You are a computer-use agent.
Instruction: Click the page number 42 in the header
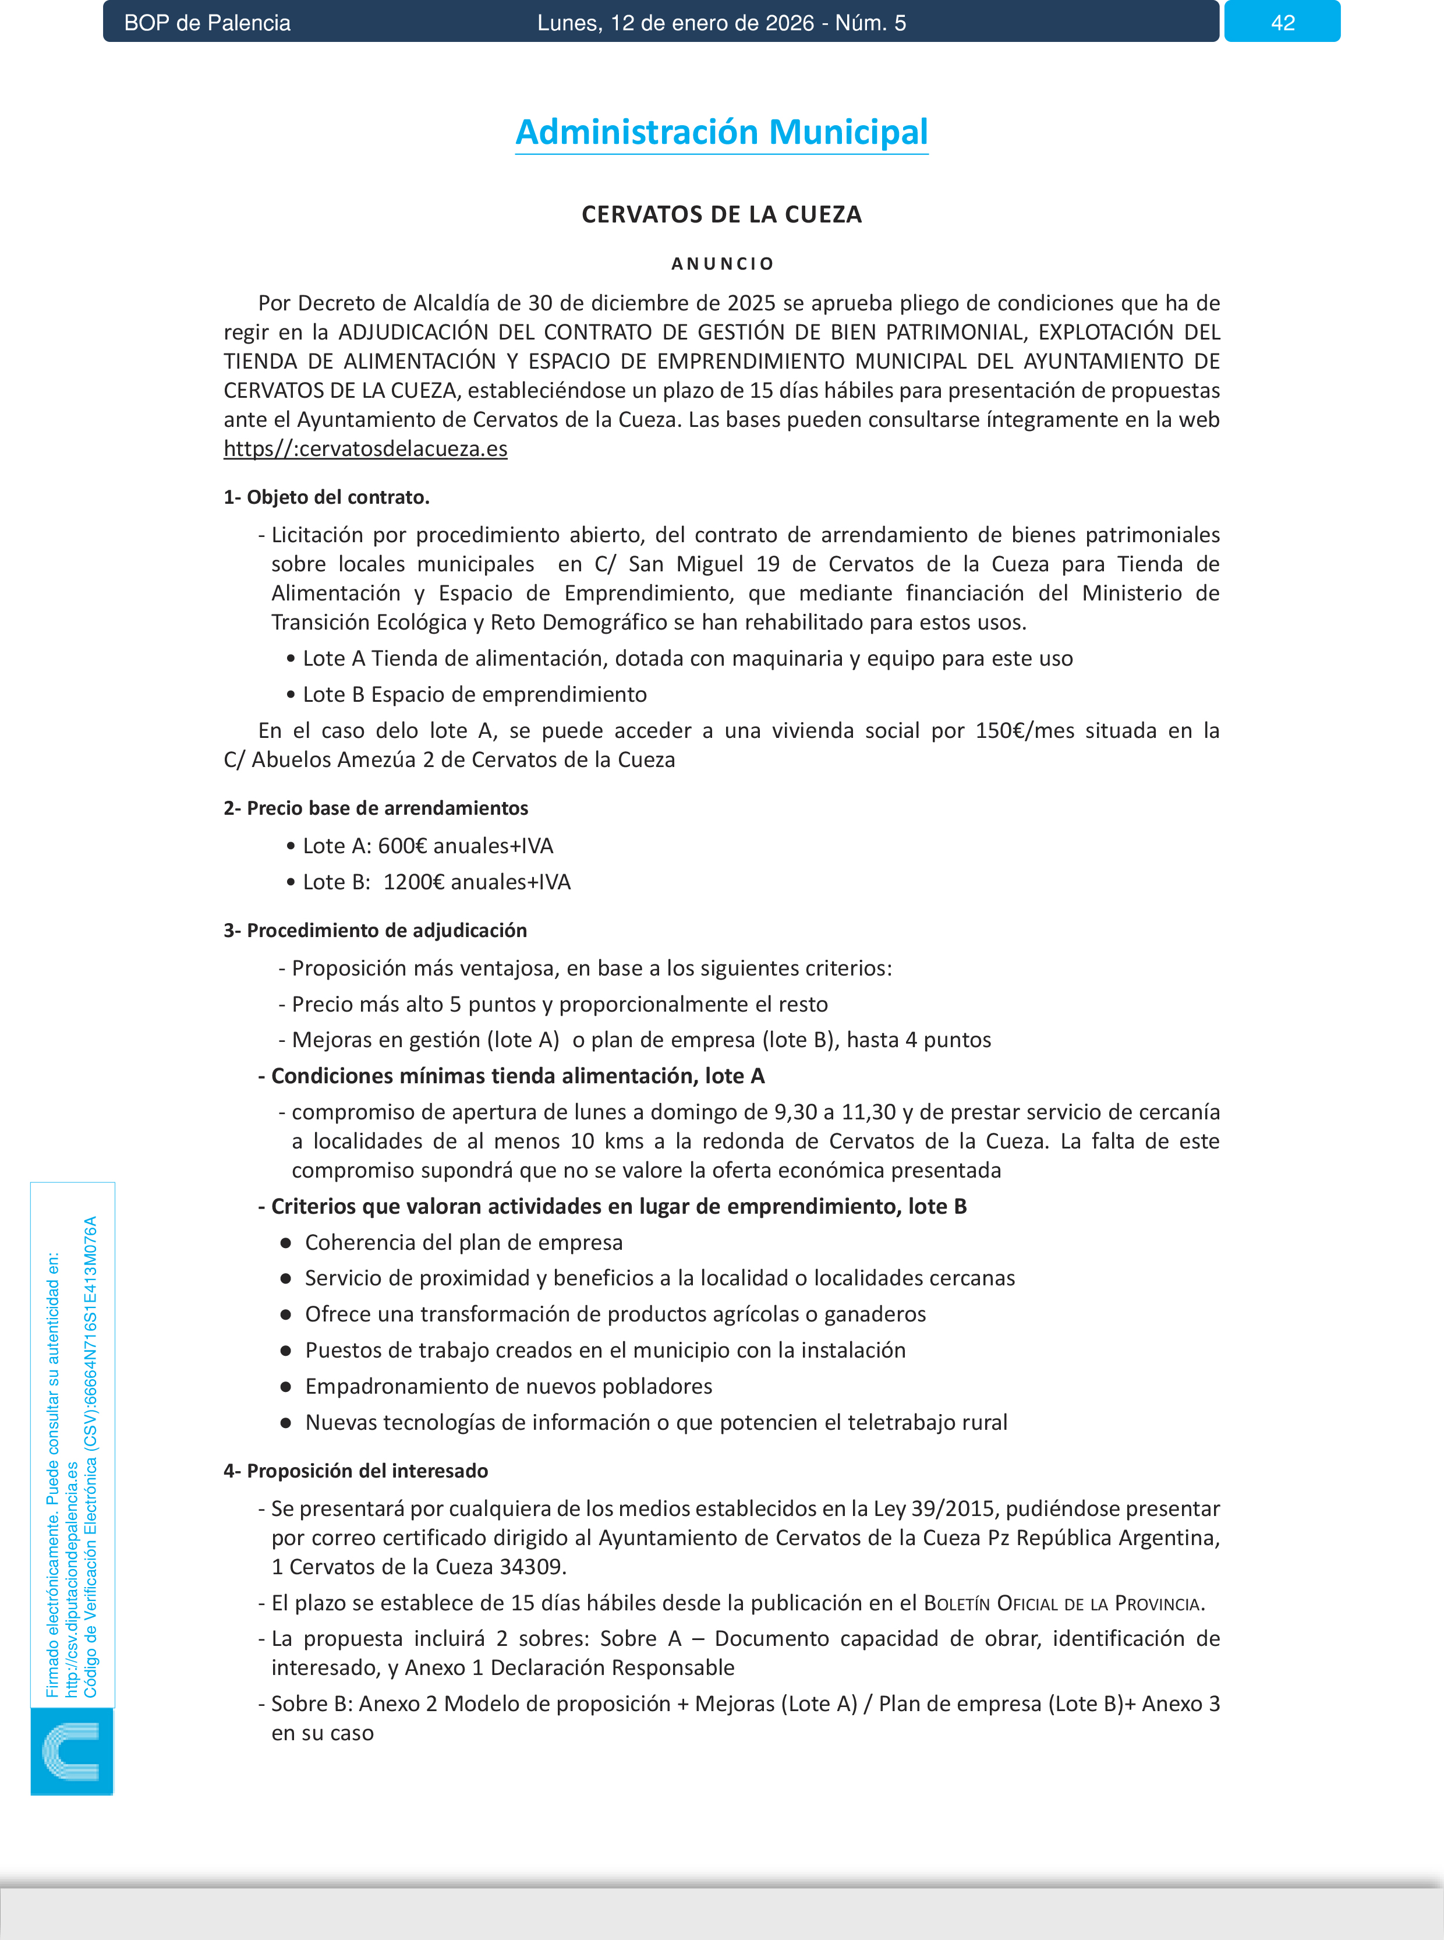1282,23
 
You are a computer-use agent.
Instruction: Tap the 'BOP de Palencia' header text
207,23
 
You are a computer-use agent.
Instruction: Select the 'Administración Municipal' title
721,132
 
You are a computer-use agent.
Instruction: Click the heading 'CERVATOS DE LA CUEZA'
721,214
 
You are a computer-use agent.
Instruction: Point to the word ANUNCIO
722,263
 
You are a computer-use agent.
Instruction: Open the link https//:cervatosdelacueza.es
366,448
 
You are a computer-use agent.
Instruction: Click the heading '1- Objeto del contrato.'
326,497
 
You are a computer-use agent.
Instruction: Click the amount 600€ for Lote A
402,846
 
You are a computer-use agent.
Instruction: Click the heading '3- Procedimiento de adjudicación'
375,930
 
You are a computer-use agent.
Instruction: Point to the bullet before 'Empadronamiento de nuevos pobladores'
286,1387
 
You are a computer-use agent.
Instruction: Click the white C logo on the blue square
71,1751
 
